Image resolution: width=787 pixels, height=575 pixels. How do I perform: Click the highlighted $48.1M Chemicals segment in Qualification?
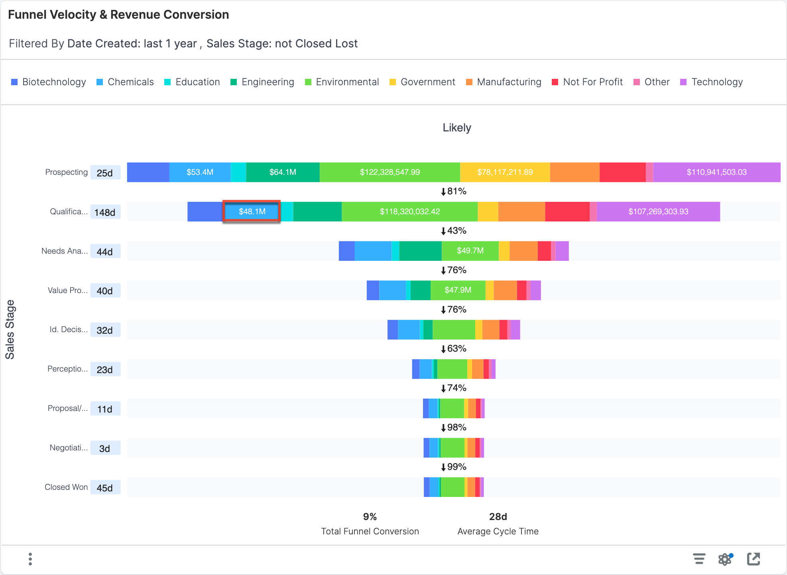[252, 211]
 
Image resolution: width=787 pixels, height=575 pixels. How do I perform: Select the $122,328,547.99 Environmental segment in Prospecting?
[390, 172]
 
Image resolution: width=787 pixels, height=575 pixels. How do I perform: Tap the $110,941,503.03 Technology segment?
[716, 172]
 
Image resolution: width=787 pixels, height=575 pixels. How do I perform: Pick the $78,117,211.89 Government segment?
[505, 172]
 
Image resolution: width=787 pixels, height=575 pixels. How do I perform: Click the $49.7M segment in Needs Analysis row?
[470, 251]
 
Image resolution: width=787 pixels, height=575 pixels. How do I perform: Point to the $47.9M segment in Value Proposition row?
[458, 290]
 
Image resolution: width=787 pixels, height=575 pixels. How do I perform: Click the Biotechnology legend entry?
[49, 82]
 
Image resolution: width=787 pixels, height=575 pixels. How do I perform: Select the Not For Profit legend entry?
[587, 82]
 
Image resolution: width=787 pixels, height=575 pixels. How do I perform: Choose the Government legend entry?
[423, 82]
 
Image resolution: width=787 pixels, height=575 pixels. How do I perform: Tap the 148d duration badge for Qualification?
[105, 212]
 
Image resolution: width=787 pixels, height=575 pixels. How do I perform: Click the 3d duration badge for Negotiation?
[105, 448]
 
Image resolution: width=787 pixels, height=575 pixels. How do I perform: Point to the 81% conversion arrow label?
[454, 192]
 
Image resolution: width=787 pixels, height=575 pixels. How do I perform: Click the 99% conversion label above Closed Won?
[454, 467]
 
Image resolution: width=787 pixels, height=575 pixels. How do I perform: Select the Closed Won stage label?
[66, 487]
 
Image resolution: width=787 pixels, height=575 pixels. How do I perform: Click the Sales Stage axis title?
[10, 329]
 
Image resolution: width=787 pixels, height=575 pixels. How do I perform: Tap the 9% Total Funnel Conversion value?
[370, 517]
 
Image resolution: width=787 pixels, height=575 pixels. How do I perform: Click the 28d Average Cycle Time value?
[498, 517]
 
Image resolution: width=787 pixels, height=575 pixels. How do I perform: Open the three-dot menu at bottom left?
[30, 559]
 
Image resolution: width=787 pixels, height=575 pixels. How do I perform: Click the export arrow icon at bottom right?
[753, 559]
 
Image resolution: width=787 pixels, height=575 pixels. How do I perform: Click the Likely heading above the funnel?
[457, 128]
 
